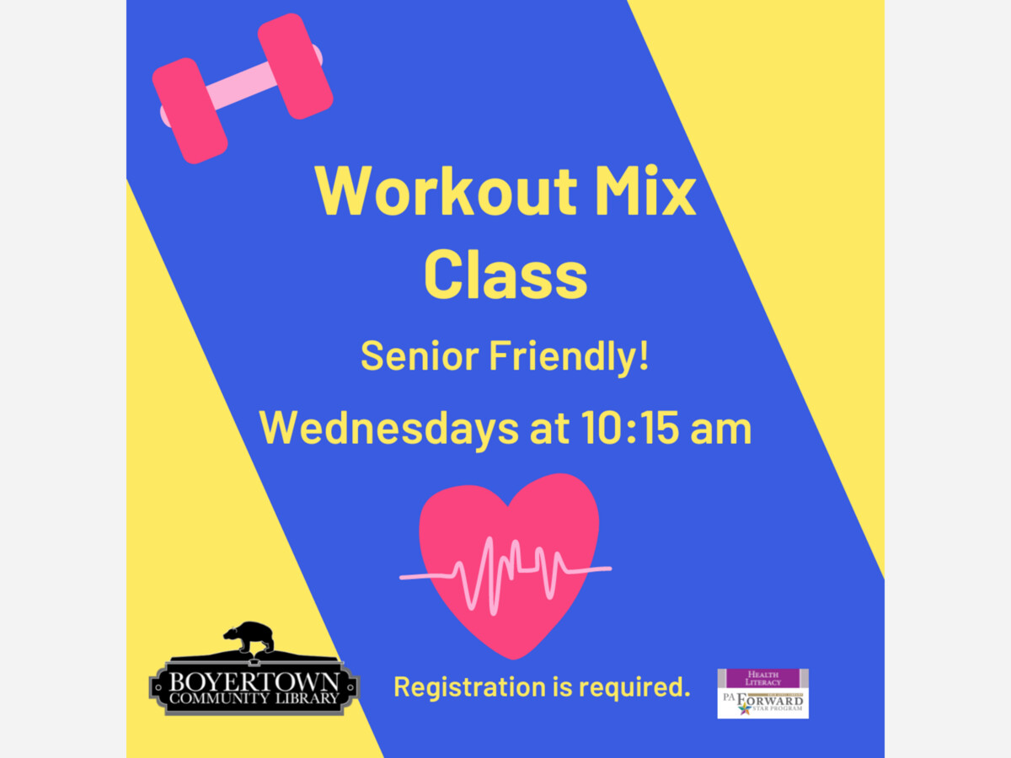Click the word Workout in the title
446,190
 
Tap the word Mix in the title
645,190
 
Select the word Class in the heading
505,275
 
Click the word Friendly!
569,359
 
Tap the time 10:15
629,428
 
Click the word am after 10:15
721,432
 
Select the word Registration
470,687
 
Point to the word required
634,688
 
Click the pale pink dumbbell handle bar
241,87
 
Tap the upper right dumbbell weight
295,67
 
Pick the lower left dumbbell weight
190,111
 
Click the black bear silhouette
249,638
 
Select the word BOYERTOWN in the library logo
254,681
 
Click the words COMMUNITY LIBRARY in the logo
254,698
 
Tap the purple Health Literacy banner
762,678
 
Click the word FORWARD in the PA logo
770,701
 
